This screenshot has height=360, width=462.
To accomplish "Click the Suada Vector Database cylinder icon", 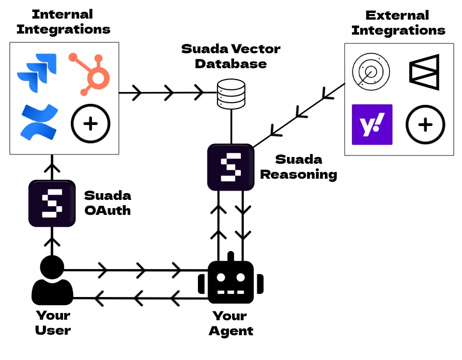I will (230, 93).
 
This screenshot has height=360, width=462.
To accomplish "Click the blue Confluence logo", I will (39, 122).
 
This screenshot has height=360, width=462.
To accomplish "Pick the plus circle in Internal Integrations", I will (90, 123).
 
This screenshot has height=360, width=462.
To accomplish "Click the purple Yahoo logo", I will (372, 124).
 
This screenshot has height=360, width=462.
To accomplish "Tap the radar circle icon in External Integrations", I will (369, 72).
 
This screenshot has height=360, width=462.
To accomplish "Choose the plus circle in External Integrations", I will (425, 124).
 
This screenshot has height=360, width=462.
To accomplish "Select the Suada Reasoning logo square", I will (230, 167).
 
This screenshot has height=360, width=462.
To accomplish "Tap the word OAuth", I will (107, 210).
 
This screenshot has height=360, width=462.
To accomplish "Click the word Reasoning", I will (298, 174).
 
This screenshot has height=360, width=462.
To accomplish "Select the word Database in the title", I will (230, 65).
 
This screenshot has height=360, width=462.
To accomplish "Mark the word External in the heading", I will (398, 15).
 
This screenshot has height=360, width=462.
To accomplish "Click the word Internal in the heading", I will (62, 14).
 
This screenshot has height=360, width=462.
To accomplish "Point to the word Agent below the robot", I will (231, 331).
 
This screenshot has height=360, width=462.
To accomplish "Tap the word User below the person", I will (53, 331).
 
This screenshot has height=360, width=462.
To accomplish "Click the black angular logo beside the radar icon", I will (424, 71).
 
